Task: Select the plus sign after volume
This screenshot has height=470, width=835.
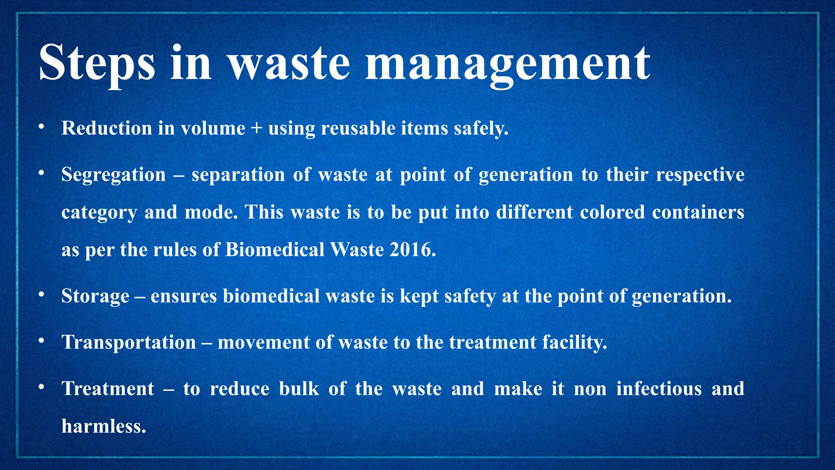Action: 256,129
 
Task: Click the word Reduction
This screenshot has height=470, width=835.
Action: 107,129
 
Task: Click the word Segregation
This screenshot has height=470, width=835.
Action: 113,175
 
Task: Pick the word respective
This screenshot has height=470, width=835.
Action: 700,175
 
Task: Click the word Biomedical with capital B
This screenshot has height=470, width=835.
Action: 274,250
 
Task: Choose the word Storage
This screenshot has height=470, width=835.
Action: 95,296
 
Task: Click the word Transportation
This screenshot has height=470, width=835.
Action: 129,342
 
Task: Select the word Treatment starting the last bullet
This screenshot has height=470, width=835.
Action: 108,388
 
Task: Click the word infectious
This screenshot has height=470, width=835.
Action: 659,388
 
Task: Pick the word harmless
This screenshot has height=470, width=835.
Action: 104,426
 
